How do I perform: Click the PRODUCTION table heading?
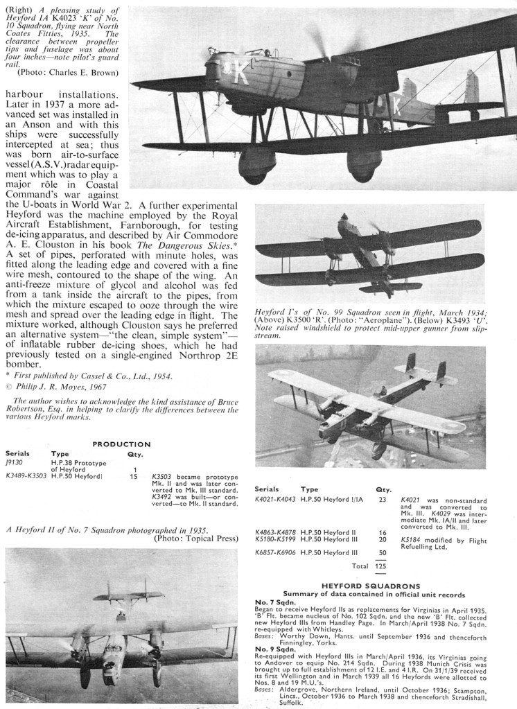pos(121,444)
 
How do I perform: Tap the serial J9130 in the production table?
pos(15,462)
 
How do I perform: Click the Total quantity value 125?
pos(380,566)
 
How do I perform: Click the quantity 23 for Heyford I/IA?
pos(383,500)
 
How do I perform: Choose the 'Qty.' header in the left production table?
pos(134,455)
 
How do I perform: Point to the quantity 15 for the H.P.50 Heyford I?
pos(134,477)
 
